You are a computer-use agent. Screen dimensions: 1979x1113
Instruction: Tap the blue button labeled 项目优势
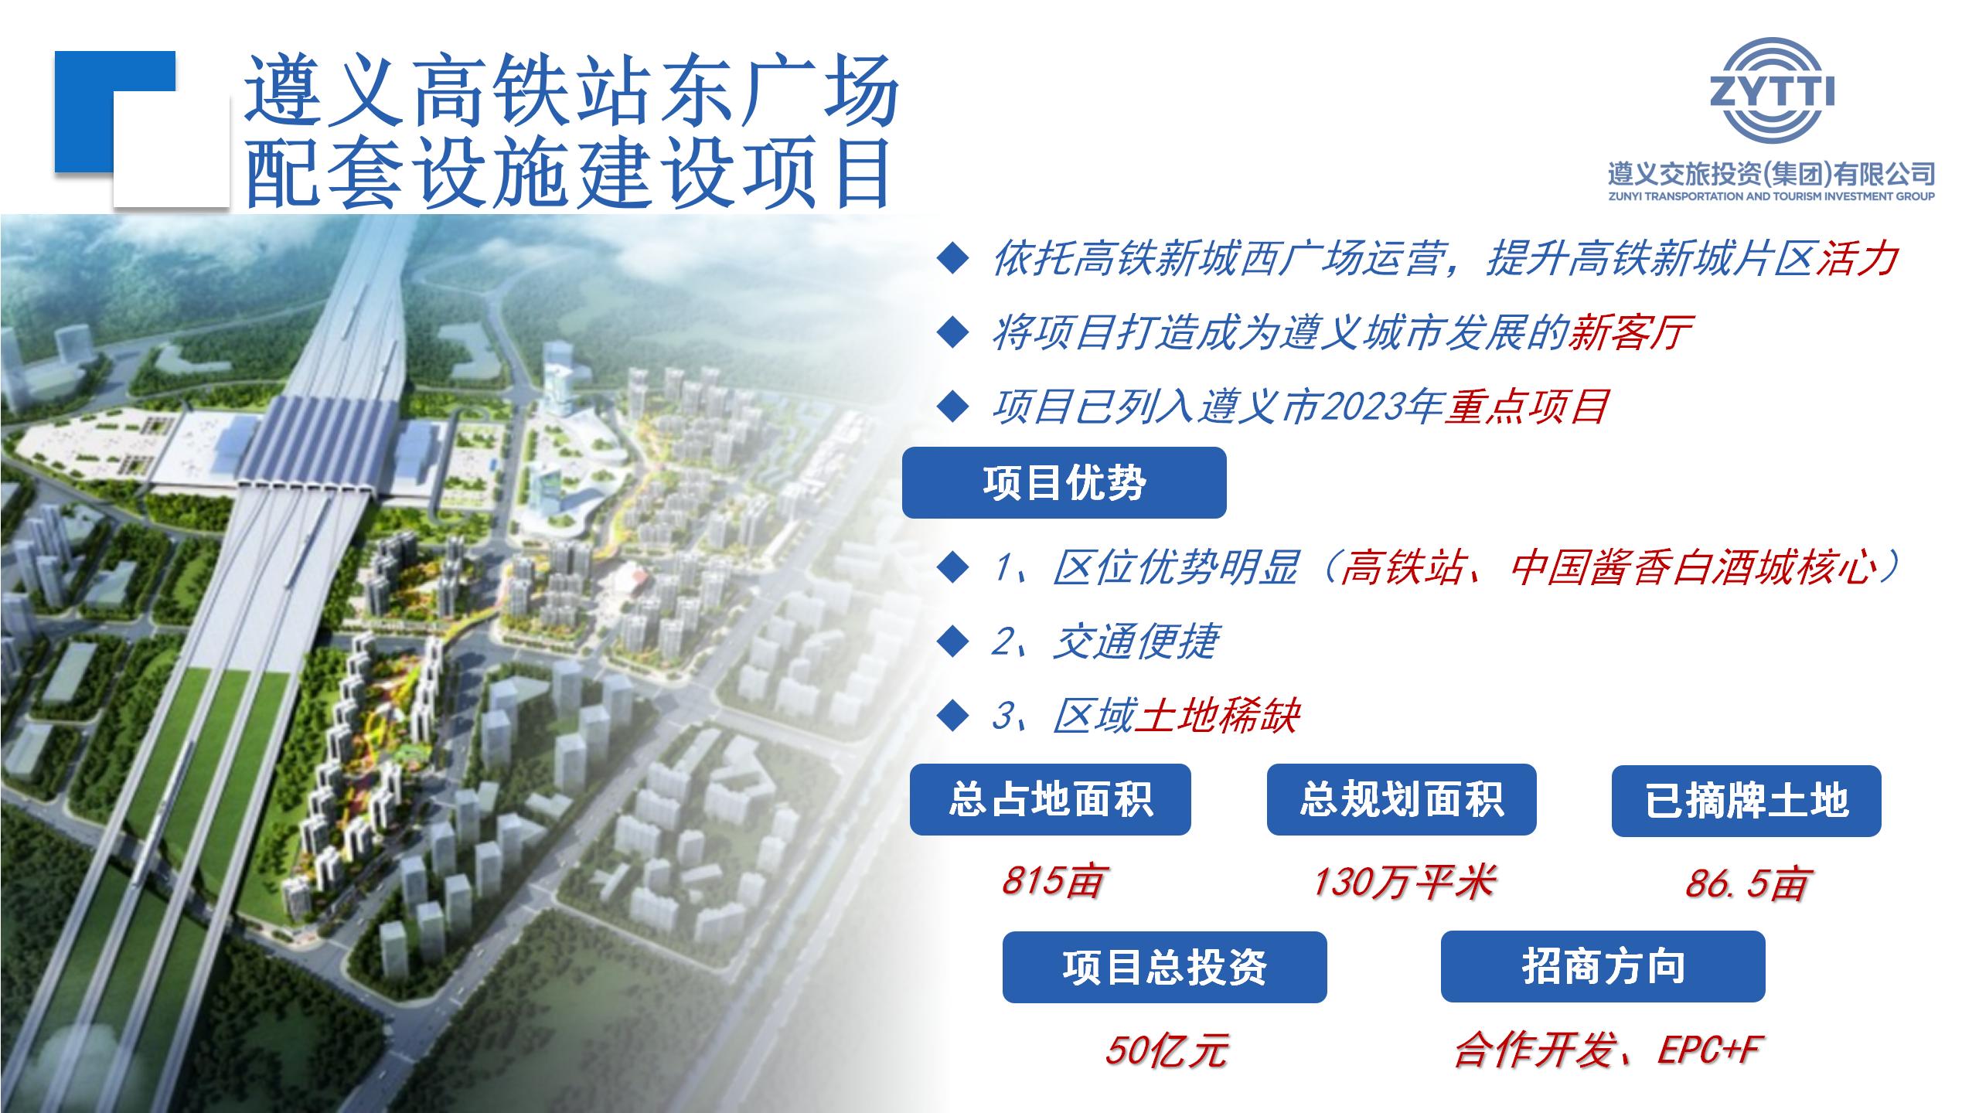[1064, 482]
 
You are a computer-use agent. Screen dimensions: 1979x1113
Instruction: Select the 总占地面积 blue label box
[1050, 799]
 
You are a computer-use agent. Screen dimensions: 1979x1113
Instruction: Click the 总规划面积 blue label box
[1401, 799]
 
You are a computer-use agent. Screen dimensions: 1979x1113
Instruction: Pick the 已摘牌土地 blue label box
[1746, 800]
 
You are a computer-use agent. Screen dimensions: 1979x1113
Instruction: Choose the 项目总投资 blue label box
[1164, 967]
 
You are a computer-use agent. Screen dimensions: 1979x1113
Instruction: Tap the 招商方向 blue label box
[1603, 966]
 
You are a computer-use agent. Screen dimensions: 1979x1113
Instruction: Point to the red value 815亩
[1051, 880]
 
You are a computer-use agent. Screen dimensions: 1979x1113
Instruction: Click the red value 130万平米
[1404, 881]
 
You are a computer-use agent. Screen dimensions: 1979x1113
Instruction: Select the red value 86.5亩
[1746, 883]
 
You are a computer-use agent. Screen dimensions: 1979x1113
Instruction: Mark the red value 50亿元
[1166, 1050]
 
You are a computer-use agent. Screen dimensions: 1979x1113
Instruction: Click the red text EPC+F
[1708, 1050]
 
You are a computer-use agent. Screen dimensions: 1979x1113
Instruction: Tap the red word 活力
[1856, 258]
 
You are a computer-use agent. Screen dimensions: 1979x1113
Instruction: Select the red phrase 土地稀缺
[1218, 716]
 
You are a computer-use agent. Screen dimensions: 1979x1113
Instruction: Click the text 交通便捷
[1136, 642]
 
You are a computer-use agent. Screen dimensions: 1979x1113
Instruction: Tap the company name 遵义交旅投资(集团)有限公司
[1771, 174]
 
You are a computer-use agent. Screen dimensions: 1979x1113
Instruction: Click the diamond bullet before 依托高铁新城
[952, 259]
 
